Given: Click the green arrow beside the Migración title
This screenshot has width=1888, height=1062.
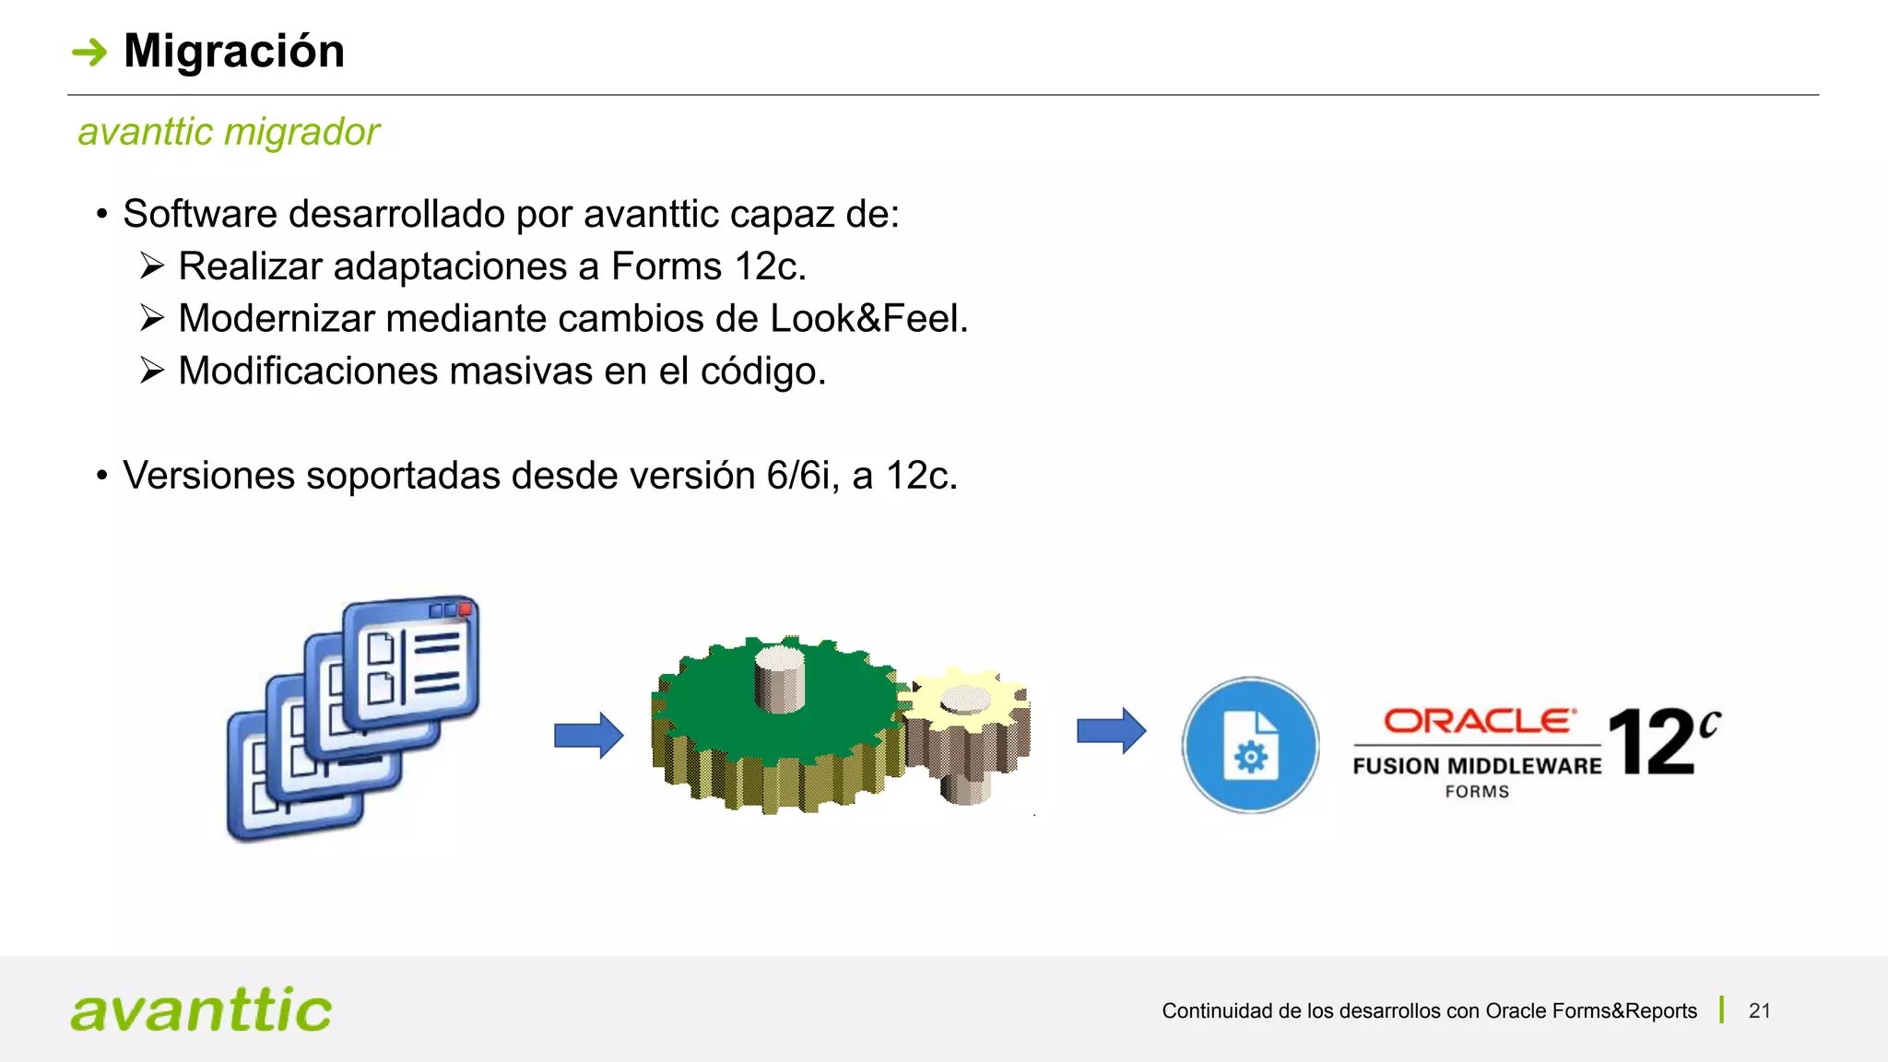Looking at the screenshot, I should coord(89,53).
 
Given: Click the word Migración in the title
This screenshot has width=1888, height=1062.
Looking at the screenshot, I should coord(234,52).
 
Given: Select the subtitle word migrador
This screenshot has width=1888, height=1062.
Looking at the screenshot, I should coord(301,132).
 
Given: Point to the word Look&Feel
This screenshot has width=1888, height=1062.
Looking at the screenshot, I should coord(867,319).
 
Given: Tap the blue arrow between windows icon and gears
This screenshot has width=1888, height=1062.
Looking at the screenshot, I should coord(588,735).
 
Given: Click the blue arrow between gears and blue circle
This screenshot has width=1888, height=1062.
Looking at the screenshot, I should coord(1111,731).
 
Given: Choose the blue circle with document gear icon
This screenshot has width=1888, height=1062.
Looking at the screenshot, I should coord(1250,745).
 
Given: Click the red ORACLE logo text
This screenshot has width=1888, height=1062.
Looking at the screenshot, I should coord(1479,721).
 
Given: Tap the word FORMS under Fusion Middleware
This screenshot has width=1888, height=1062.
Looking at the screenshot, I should coord(1477,792).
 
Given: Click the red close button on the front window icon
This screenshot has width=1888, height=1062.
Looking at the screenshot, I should coord(466,608).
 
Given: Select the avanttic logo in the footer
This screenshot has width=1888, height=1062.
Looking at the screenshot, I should coord(201,1009).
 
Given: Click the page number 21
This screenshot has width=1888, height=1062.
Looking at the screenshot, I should coord(1759,1011).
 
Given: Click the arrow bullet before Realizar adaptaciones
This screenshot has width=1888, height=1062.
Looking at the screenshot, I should coord(152,266).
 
